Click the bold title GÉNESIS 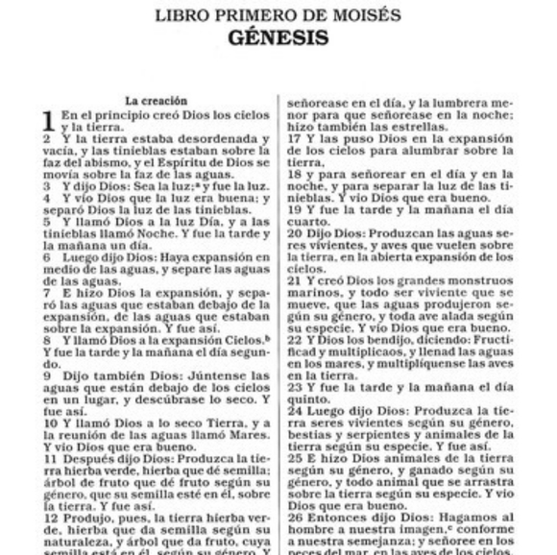tap(278, 38)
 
